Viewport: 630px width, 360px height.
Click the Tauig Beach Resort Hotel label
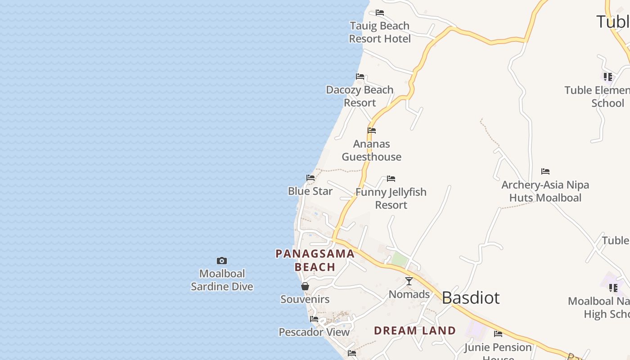380,32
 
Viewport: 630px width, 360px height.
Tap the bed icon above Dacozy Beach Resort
360,76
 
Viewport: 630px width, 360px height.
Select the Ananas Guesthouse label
371,150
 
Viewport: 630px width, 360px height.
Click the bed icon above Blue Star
310,178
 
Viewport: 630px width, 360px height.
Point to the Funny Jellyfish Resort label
391,198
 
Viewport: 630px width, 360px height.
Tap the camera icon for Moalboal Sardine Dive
222,261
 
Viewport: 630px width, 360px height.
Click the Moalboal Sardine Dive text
222,280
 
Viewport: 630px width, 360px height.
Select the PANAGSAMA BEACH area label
315,260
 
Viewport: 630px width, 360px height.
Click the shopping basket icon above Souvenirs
305,286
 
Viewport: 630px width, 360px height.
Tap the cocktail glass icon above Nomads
409,281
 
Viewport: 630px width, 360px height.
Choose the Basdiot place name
471,298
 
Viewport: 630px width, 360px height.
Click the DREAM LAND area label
415,331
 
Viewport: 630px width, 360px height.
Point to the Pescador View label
314,332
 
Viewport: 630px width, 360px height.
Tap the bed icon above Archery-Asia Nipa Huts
545,171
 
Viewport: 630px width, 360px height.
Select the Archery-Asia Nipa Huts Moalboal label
545,191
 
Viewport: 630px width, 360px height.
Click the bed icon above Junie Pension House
498,334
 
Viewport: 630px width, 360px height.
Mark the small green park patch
399,259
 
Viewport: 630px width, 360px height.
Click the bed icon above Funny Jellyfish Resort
391,179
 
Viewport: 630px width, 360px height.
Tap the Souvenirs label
305,299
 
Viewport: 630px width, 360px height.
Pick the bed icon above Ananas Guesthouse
372,130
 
